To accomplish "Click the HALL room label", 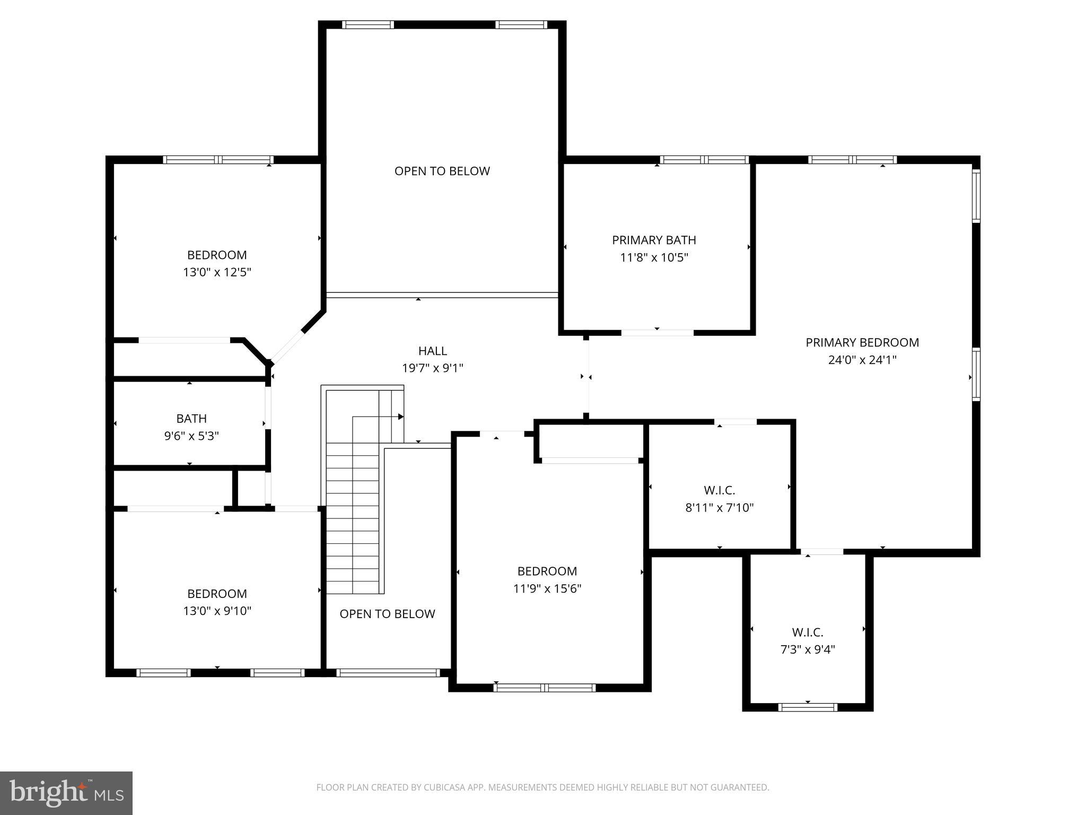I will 432,351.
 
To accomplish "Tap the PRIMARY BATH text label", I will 654,240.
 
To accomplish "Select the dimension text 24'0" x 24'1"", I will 862,360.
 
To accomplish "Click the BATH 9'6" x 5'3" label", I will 191,427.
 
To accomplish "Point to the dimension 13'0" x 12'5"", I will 217,273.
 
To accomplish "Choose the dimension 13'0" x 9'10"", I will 217,611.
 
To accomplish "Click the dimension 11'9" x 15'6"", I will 547,589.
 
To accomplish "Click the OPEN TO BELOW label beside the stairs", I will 387,614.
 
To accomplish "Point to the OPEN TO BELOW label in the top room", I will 442,171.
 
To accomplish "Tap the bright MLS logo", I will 66,793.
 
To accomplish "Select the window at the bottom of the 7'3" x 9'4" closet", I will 808,707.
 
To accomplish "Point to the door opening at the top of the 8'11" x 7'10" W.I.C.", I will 735,422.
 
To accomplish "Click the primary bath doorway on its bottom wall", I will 657,333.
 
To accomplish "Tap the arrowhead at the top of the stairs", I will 401,417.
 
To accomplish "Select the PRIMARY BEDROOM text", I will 862,343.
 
